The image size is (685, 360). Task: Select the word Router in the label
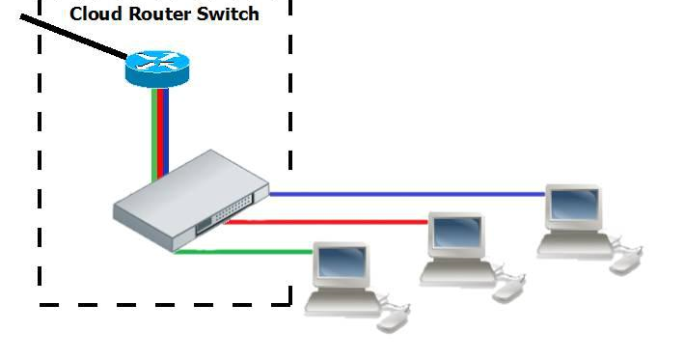[160, 14]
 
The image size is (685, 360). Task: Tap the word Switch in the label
[230, 14]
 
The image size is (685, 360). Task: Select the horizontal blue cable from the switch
[405, 194]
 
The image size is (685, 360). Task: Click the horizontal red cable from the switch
[328, 222]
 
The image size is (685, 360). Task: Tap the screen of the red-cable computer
[455, 233]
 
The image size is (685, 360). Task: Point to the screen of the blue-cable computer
[573, 205]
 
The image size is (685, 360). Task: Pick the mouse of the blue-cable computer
[627, 260]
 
